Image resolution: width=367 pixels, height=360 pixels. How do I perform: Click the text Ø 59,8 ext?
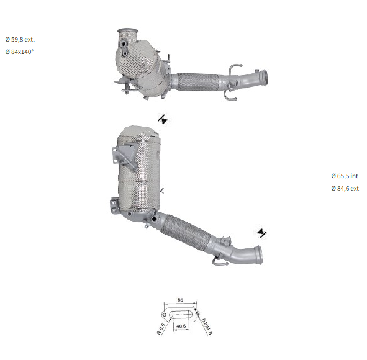(20, 40)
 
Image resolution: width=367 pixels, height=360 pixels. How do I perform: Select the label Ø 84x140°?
(19, 52)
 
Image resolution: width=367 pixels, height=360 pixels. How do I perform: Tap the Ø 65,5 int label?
(345, 176)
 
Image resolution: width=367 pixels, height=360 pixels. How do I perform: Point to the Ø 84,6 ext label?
(345, 188)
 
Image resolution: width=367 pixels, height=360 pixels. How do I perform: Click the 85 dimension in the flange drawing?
(180, 300)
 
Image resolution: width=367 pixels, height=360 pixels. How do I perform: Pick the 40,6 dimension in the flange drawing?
(181, 326)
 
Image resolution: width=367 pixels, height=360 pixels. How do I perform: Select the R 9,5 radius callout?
(161, 329)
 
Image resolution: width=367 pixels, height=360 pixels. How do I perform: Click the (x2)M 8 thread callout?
(207, 326)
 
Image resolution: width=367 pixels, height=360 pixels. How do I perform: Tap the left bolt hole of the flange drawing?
(165, 315)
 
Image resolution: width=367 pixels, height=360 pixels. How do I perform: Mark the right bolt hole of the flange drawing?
(197, 313)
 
